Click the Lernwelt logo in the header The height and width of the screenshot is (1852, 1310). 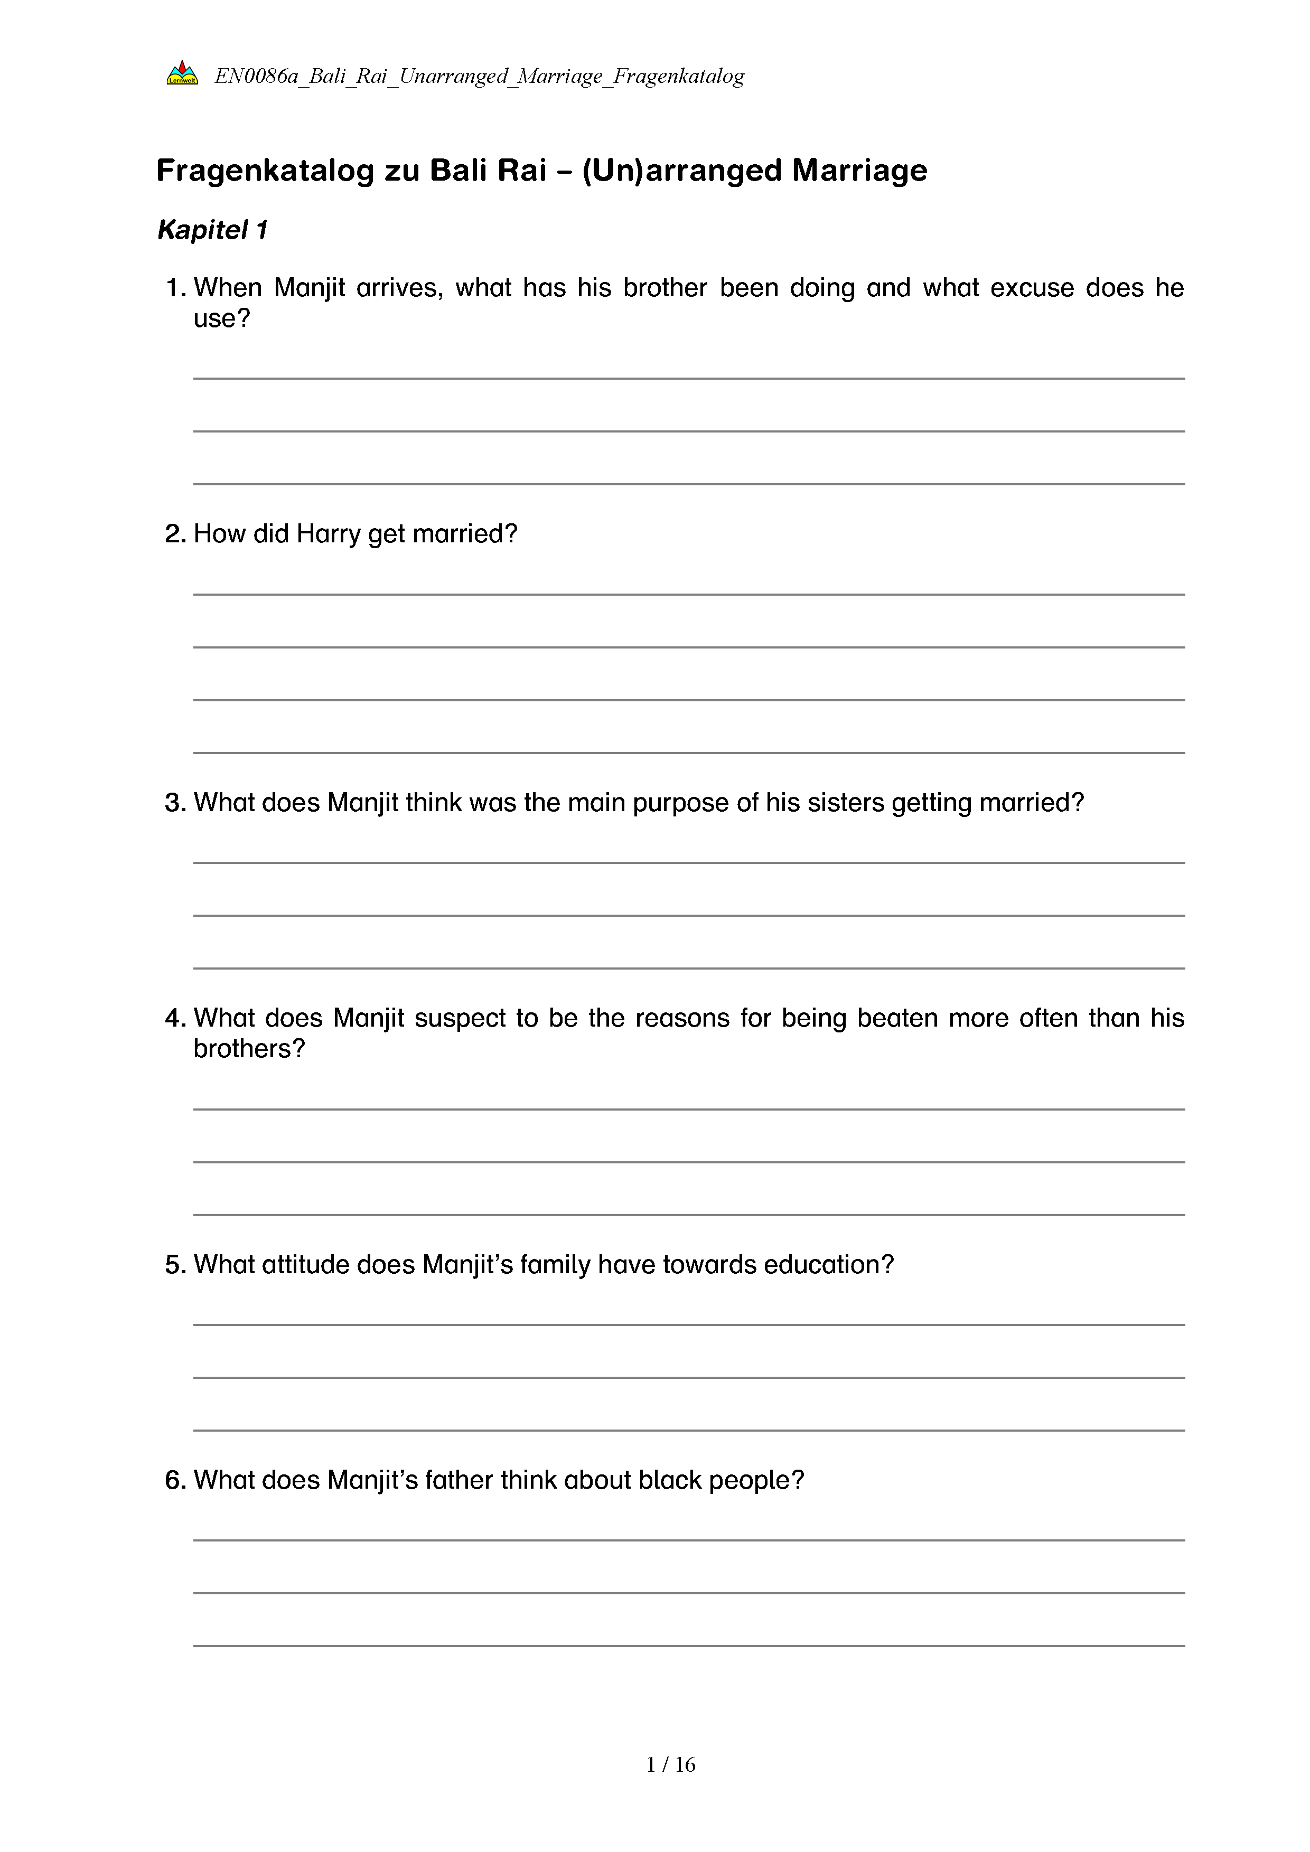click(182, 74)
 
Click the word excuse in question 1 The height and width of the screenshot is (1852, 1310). click(1032, 288)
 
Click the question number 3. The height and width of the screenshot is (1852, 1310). click(175, 803)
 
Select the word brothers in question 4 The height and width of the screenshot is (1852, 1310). click(248, 1049)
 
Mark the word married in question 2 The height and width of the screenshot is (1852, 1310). click(464, 534)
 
